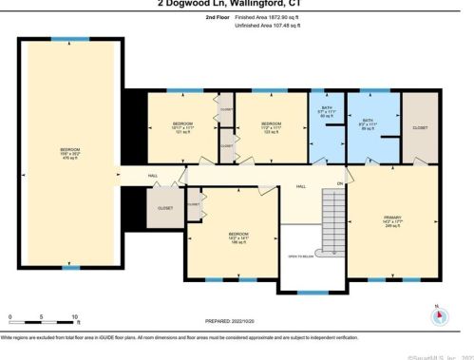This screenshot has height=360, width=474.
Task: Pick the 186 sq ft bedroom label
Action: [x=238, y=237]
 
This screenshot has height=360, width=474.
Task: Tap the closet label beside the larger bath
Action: [x=420, y=126]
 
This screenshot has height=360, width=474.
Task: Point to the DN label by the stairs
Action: [x=337, y=182]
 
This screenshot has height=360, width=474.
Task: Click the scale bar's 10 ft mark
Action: [x=75, y=315]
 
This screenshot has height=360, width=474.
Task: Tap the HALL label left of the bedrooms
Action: [x=152, y=176]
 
